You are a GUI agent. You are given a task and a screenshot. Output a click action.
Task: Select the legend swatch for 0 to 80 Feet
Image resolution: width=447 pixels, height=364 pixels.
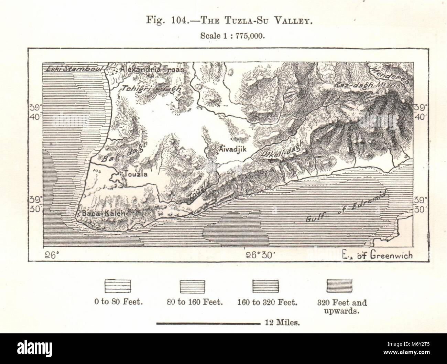(x=118, y=286)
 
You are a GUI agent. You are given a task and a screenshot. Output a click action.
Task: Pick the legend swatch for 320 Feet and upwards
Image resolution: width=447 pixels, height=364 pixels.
(x=339, y=286)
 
